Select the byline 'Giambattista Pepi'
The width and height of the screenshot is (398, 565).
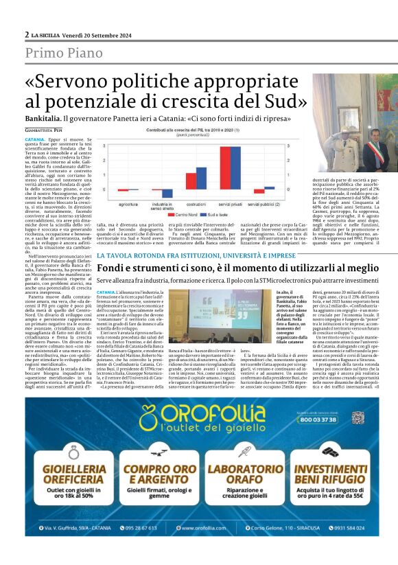[x=43, y=128]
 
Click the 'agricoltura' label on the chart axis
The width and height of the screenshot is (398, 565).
[x=128, y=204]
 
